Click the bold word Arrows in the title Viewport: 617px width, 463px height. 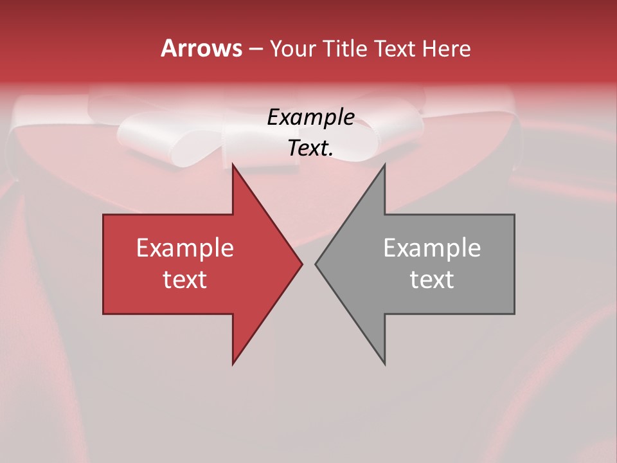(x=201, y=48)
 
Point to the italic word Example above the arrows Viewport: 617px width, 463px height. (x=310, y=117)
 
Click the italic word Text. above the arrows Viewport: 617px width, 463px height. (x=310, y=148)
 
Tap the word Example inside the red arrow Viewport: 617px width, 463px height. (x=185, y=248)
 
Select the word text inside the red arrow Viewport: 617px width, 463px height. (x=185, y=279)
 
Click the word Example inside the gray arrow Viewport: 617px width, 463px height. (x=432, y=248)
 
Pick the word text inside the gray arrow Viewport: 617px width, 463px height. (x=432, y=279)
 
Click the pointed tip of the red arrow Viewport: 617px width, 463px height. (x=301, y=264)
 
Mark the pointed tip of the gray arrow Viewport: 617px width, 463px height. (x=316, y=264)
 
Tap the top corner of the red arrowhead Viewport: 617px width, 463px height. (x=233, y=165)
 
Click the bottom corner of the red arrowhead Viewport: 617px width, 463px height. (x=233, y=364)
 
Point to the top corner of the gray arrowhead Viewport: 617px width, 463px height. (x=384, y=165)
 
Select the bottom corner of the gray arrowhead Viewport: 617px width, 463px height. (x=384, y=364)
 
